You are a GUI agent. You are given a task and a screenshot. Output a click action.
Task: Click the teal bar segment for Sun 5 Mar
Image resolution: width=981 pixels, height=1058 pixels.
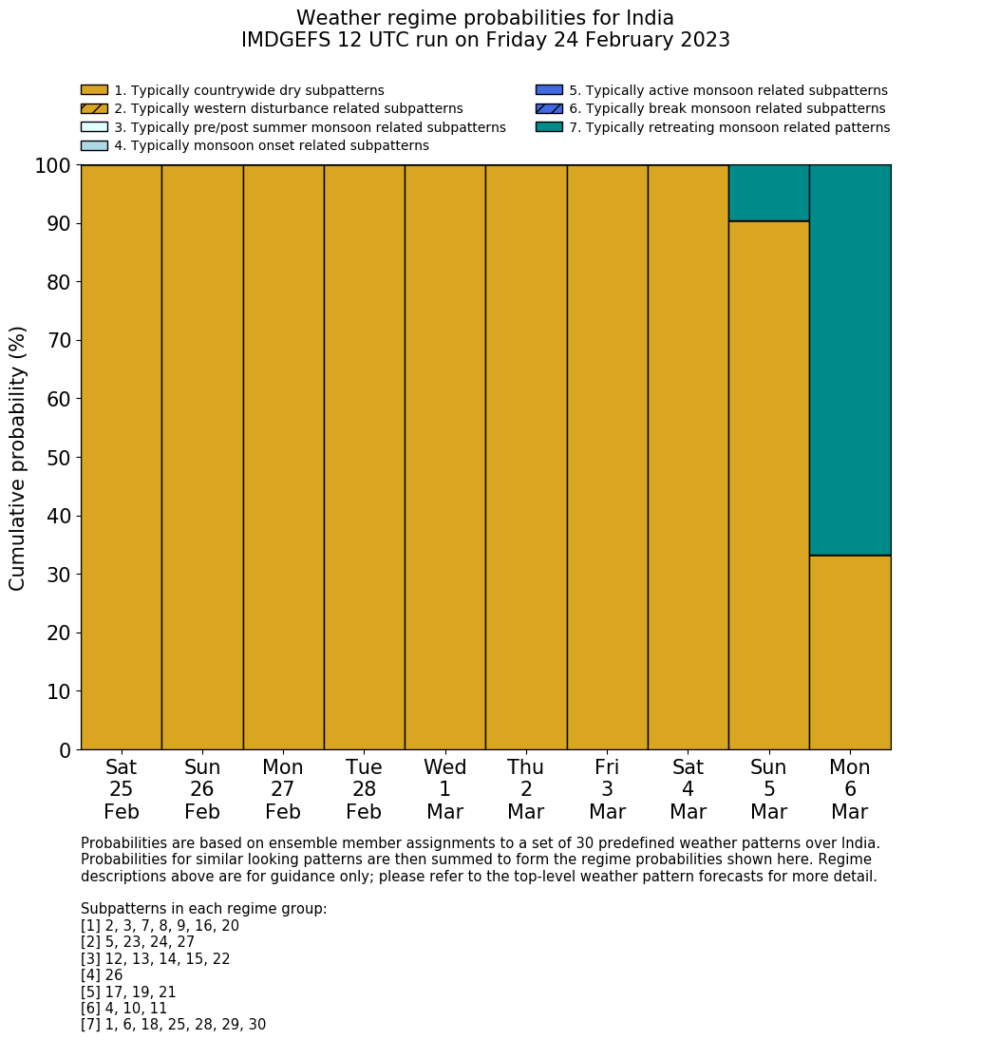(x=768, y=193)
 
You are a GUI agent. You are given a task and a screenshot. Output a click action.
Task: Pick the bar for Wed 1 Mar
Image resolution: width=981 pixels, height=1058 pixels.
(x=444, y=457)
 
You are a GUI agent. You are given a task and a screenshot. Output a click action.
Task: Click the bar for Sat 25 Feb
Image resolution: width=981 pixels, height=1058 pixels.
(x=121, y=457)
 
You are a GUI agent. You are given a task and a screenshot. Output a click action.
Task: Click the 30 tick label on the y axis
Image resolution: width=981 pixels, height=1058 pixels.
(x=59, y=576)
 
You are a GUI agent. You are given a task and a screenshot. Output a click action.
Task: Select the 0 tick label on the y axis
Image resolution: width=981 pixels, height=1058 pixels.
(x=66, y=751)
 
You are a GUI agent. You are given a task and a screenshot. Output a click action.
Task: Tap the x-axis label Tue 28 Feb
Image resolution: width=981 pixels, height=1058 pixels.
(x=364, y=789)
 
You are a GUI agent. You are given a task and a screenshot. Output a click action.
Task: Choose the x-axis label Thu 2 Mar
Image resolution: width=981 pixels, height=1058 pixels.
(x=525, y=789)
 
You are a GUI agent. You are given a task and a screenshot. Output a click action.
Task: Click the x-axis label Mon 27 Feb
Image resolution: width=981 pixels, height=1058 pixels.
(x=283, y=789)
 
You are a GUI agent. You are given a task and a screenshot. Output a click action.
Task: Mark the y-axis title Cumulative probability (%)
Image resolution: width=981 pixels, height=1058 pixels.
(x=18, y=458)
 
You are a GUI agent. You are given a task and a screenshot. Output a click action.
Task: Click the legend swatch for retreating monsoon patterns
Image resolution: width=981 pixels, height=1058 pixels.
(x=549, y=127)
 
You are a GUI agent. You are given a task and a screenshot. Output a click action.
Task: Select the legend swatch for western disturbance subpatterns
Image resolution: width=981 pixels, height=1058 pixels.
(x=94, y=109)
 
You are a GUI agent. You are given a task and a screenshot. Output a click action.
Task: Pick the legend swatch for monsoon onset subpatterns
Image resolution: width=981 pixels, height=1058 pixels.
(x=94, y=145)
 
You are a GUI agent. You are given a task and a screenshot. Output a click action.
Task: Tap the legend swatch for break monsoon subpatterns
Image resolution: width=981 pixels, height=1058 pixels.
(x=549, y=109)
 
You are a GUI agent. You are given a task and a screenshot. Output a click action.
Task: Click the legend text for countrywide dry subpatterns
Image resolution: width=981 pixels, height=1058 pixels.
(x=249, y=91)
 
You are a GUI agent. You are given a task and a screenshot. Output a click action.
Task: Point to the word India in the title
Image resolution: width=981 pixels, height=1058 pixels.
(x=649, y=19)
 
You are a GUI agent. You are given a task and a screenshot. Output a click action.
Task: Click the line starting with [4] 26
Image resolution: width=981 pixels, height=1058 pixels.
(x=102, y=975)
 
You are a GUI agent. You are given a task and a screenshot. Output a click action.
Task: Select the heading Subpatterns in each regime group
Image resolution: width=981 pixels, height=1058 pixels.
(x=203, y=909)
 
